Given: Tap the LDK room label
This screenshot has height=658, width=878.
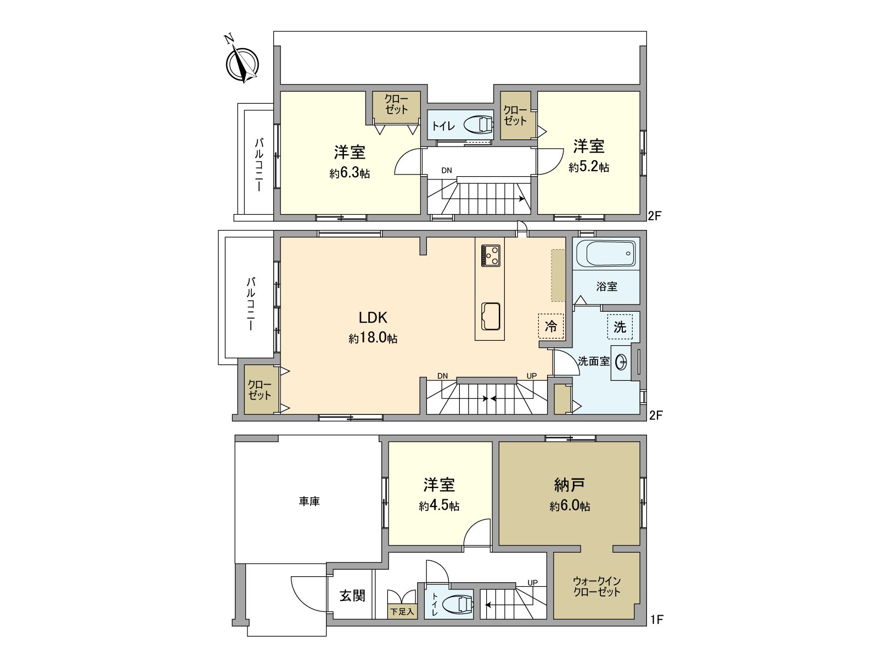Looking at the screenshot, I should tap(373, 318).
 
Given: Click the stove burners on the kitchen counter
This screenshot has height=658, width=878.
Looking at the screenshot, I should tap(491, 255).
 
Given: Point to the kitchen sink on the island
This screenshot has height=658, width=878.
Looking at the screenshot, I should tap(491, 317).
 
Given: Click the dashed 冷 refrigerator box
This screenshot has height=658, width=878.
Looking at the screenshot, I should tap(551, 327).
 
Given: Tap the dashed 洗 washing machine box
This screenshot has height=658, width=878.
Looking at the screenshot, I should tap(620, 327).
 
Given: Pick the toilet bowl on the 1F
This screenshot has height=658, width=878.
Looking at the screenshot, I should tap(458, 605).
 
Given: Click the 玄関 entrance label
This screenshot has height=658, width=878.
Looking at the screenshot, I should tap(352, 595).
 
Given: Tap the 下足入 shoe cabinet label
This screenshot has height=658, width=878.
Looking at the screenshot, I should tap(402, 611).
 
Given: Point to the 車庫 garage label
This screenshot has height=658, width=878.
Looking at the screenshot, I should tap(309, 501).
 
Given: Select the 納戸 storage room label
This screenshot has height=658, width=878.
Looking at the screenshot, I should tap(570, 485).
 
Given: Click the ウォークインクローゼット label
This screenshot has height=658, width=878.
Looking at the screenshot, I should tap(596, 587).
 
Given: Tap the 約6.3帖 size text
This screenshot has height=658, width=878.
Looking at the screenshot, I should tap(350, 173).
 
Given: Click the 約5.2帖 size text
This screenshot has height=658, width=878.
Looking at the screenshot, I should tap(589, 167).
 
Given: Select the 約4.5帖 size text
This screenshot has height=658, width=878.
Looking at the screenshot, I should tap(439, 506).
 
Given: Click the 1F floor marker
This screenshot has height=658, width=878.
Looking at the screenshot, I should tap(656, 620).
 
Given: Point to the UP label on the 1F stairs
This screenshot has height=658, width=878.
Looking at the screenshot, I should tap(532, 583).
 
